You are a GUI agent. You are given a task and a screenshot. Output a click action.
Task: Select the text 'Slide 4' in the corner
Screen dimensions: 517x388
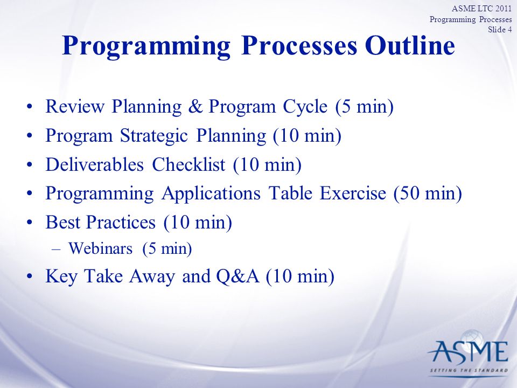click(x=500, y=29)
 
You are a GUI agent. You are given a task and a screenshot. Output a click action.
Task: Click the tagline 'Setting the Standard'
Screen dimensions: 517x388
click(x=469, y=371)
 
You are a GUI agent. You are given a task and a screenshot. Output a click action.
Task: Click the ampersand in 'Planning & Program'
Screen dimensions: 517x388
click(x=195, y=107)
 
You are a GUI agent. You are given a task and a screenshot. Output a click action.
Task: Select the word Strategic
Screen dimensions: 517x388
click(x=154, y=136)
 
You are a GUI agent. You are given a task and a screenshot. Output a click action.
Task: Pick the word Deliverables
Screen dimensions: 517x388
click(x=95, y=164)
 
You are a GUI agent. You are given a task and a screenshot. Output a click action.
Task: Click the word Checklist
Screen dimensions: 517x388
click(x=188, y=164)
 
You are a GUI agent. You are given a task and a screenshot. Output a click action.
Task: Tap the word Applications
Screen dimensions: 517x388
click(x=211, y=193)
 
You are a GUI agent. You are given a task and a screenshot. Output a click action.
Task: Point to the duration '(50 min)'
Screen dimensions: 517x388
click(x=428, y=193)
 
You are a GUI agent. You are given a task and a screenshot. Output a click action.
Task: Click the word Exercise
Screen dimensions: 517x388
click(x=352, y=193)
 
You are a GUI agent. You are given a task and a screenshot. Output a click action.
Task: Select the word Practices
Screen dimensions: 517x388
click(x=121, y=222)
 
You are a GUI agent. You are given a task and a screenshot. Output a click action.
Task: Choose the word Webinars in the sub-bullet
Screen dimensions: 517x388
click(x=100, y=248)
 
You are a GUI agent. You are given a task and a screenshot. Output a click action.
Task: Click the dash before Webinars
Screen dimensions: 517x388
click(x=57, y=250)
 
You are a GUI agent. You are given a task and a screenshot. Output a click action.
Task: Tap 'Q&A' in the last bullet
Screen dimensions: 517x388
click(x=237, y=276)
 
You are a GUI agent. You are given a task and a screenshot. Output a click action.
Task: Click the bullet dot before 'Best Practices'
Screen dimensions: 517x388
click(x=30, y=223)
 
